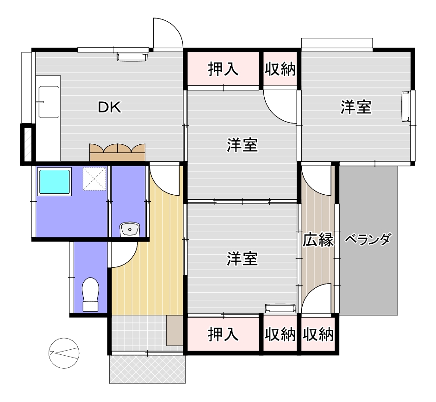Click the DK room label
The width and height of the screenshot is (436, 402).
click(x=109, y=107)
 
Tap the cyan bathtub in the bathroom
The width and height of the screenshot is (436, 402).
click(x=55, y=181)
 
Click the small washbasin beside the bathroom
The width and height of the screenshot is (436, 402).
click(x=130, y=229)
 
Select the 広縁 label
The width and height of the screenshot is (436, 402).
click(x=318, y=240)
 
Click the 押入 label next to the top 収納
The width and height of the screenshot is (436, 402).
click(x=223, y=69)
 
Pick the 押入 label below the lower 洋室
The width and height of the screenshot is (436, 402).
click(x=223, y=334)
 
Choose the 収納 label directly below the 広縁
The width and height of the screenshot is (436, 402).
click(x=318, y=334)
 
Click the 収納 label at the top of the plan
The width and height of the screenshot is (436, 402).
click(x=280, y=69)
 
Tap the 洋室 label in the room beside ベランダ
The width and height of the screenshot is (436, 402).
click(x=356, y=107)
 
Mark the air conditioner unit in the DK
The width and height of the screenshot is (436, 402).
click(x=132, y=56)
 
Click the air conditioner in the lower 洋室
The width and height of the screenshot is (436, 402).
click(x=280, y=309)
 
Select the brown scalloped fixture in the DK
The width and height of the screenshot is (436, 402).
click(x=118, y=152)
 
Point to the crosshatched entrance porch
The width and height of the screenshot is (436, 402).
click(x=147, y=370)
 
